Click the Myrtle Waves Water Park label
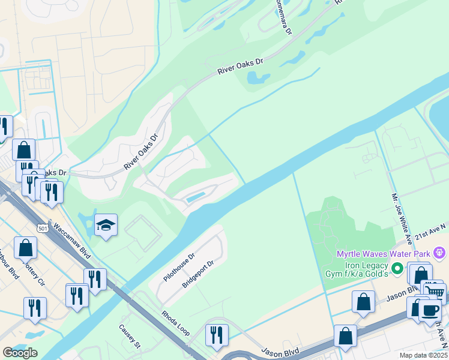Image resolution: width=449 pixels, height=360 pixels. pyautogui.click(x=383, y=254)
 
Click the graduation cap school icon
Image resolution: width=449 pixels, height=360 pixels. pyautogui.click(x=106, y=225)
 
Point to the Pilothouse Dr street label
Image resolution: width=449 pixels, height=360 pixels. pyautogui.click(x=179, y=268)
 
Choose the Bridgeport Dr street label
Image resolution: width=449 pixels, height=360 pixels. pyautogui.click(x=198, y=274)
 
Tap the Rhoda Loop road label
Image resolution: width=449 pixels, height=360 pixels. pyautogui.click(x=175, y=323)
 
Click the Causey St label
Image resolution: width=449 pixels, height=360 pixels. pyautogui.click(x=129, y=336)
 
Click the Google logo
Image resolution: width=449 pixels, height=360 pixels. pyautogui.click(x=20, y=353)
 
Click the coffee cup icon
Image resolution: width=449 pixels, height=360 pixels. pyautogui.click(x=429, y=310)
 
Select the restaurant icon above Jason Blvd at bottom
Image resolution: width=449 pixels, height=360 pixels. pyautogui.click(x=217, y=334)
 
